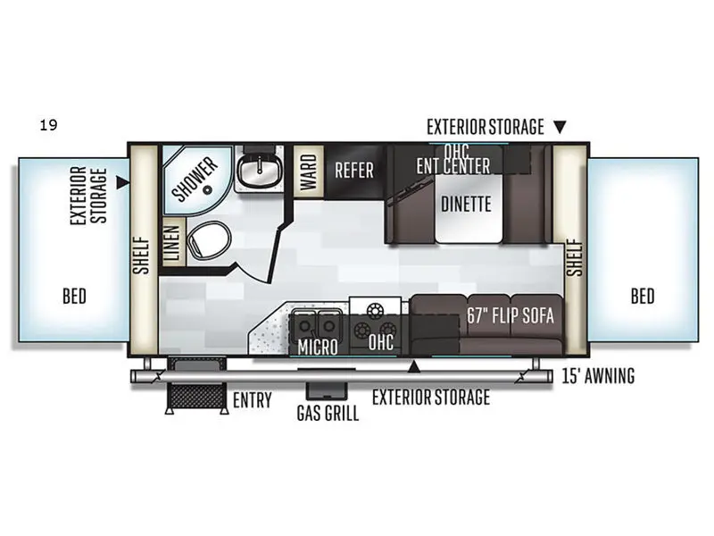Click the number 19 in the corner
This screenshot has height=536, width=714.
[48, 125]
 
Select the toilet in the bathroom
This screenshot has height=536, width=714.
[212, 241]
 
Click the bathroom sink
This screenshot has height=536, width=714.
[258, 171]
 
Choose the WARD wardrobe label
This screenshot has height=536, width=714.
[307, 168]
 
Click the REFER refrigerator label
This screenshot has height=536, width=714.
[353, 170]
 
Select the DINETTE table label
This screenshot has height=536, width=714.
[466, 204]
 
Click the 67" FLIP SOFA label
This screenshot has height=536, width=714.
[511, 315]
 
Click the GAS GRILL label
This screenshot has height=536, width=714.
[328, 414]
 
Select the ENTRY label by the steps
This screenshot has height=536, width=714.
[252, 400]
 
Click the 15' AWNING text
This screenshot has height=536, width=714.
[599, 376]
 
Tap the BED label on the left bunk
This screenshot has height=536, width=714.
[75, 296]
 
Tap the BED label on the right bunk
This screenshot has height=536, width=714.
[643, 296]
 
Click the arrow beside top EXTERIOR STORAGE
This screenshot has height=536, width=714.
[560, 127]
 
